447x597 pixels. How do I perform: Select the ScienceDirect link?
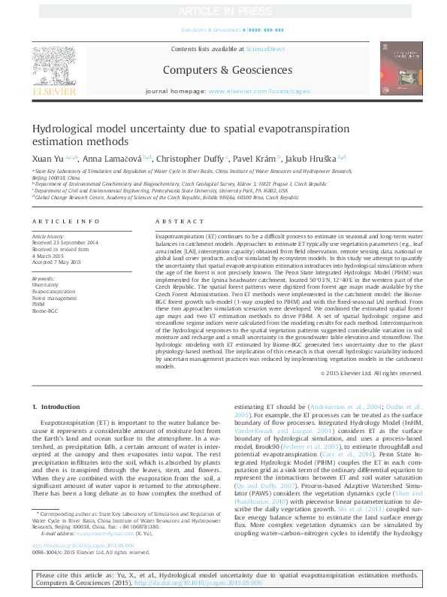pos(265,49)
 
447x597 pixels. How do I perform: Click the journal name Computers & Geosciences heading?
pos(223,70)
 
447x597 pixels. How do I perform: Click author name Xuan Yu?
pos(47,159)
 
